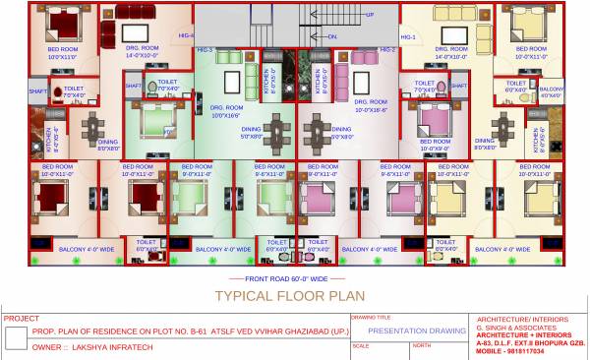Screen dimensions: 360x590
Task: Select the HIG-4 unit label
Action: coord(186,35)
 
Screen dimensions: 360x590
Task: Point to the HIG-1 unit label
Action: coord(407,37)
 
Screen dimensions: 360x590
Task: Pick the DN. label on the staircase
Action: coord(332,36)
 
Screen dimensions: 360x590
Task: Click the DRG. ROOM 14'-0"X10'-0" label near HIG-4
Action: coord(142,51)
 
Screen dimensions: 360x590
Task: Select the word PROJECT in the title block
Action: coord(22,319)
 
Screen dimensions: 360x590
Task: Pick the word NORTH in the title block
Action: coord(421,346)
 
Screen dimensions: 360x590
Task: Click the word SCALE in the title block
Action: coord(360,346)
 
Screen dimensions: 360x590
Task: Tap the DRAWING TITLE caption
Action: coord(372,318)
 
